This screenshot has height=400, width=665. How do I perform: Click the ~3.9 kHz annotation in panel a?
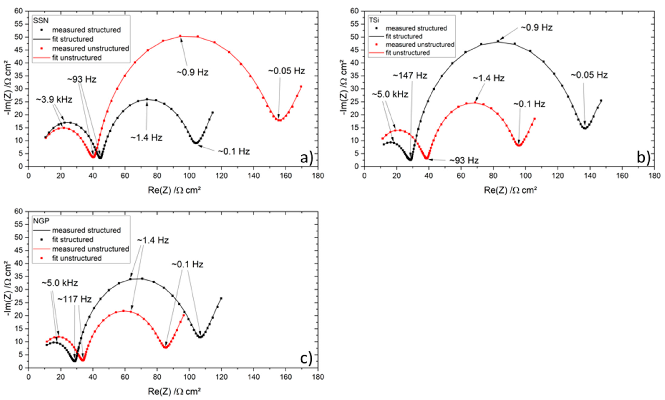click(54, 100)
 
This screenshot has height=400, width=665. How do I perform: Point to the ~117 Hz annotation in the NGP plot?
click(74, 299)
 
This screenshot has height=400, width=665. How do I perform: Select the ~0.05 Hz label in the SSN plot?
click(286, 71)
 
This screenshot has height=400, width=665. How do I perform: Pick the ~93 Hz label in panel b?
click(464, 160)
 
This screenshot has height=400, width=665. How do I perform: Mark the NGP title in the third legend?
click(41, 221)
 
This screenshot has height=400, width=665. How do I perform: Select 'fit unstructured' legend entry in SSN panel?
click(77, 58)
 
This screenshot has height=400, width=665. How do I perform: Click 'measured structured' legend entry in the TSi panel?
click(416, 28)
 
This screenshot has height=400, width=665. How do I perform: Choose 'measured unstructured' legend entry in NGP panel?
click(90, 249)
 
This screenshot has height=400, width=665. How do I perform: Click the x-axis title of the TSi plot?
click(510, 190)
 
